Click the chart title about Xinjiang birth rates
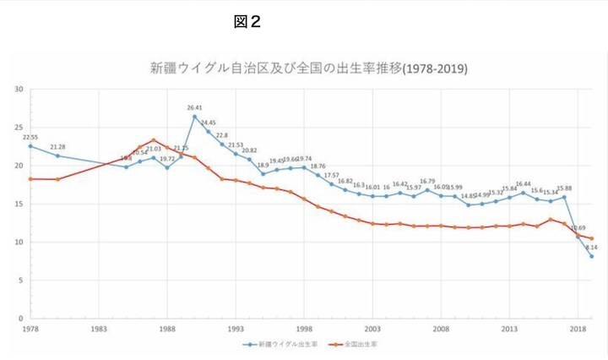(x=309, y=68)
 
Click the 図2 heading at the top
(x=247, y=22)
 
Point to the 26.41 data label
(x=194, y=108)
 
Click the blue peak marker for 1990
(x=194, y=117)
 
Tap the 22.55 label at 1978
(x=30, y=137)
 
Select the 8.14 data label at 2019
(x=591, y=248)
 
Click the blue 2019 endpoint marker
(x=591, y=256)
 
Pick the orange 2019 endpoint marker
(x=591, y=238)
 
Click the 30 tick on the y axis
(x=18, y=89)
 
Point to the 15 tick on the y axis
(x=18, y=204)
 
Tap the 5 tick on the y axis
(x=19, y=281)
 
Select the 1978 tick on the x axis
(x=30, y=328)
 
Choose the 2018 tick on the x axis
(x=578, y=328)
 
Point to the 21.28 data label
(x=57, y=147)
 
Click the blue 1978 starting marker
(x=30, y=145)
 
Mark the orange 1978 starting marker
(x=30, y=178)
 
